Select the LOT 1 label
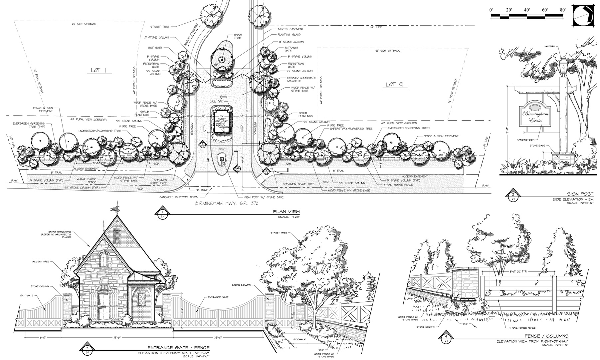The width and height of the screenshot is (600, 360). (98, 70)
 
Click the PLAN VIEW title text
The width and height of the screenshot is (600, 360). (286, 211)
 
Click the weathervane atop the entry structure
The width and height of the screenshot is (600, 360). (115, 207)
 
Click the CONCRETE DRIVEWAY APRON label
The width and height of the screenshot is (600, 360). (176, 197)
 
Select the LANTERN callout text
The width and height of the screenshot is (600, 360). (549, 47)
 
